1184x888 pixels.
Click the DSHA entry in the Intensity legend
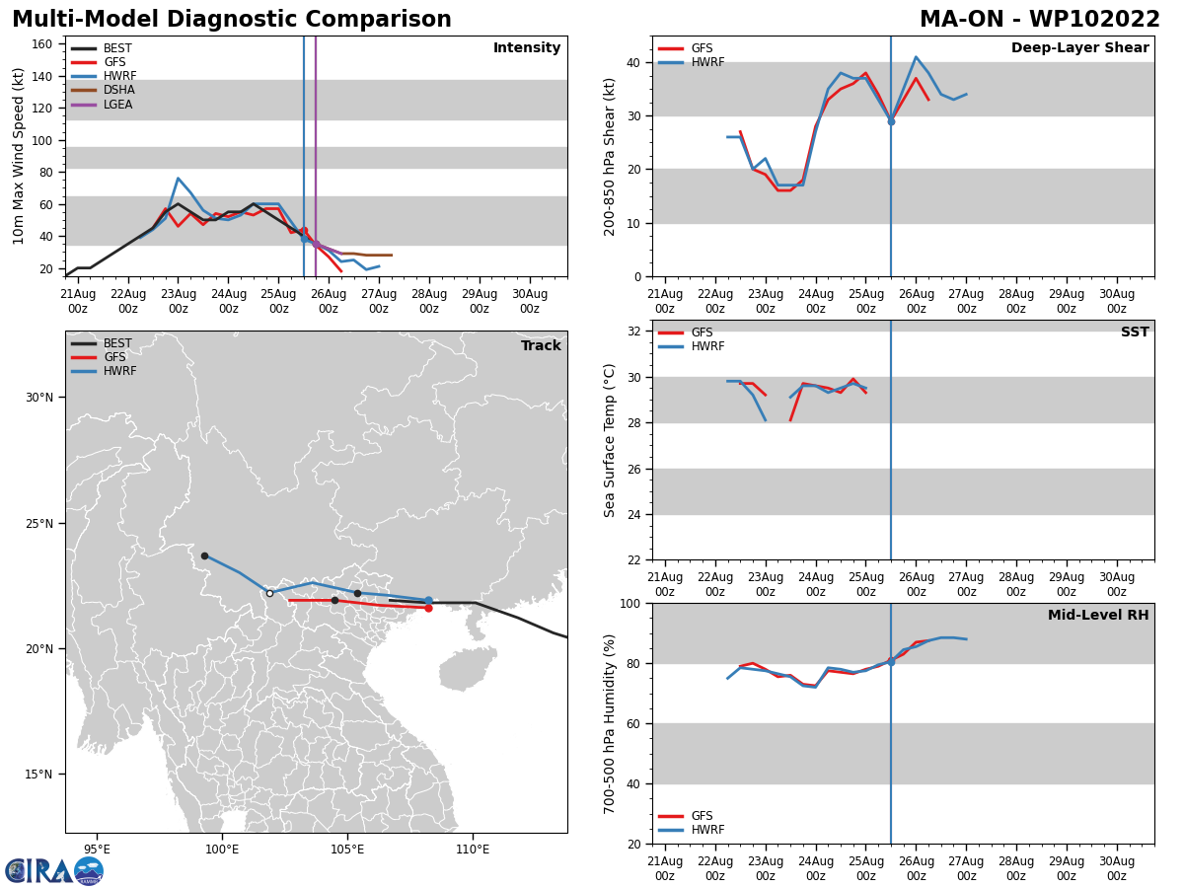(118, 90)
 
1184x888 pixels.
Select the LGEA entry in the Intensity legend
(118, 105)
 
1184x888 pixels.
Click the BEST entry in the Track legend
(118, 343)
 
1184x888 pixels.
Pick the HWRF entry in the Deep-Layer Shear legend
(707, 62)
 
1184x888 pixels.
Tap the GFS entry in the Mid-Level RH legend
(702, 816)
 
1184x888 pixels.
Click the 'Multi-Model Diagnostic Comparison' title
(232, 20)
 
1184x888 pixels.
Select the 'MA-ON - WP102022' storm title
(1040, 20)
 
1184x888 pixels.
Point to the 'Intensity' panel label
(527, 48)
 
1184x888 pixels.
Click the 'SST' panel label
(1135, 333)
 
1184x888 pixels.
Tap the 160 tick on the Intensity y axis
(42, 44)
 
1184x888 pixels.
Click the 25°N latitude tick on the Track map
(38, 523)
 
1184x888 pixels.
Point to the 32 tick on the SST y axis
(634, 332)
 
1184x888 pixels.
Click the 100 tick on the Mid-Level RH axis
(629, 603)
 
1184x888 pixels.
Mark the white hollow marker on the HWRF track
(269, 593)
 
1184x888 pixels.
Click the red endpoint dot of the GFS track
(428, 608)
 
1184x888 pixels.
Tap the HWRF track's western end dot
(204, 555)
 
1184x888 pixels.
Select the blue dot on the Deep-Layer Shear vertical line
(891, 121)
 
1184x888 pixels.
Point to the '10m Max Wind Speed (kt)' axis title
(19, 156)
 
